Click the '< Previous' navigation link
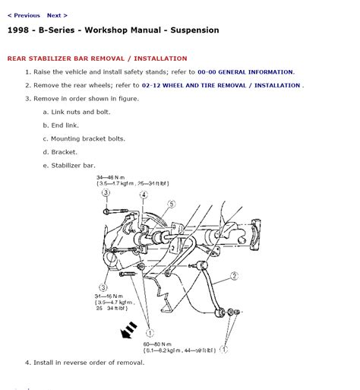tap(24, 15)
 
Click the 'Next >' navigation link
tap(57, 15)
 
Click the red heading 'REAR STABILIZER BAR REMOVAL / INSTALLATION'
tap(96, 59)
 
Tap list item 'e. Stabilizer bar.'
tap(74, 165)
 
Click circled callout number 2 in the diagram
tap(235, 276)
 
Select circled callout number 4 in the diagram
tap(143, 195)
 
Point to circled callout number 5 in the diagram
tap(172, 204)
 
